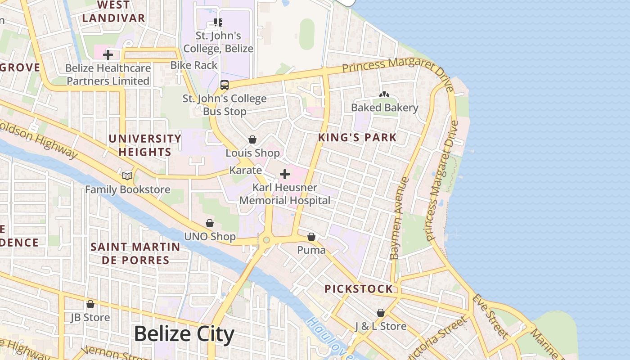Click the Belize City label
184,334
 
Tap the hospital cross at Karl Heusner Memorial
284,174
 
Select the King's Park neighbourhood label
357,138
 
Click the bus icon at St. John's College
224,85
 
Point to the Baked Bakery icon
384,95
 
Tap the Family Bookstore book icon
127,176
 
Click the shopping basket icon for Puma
311,237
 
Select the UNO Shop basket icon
210,223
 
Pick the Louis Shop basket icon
252,139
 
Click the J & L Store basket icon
381,313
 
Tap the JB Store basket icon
90,304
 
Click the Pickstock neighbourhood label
359,289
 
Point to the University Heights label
145,145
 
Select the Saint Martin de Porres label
135,253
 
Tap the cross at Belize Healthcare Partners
108,55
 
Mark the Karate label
245,170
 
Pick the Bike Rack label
193,65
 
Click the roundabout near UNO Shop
266,240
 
